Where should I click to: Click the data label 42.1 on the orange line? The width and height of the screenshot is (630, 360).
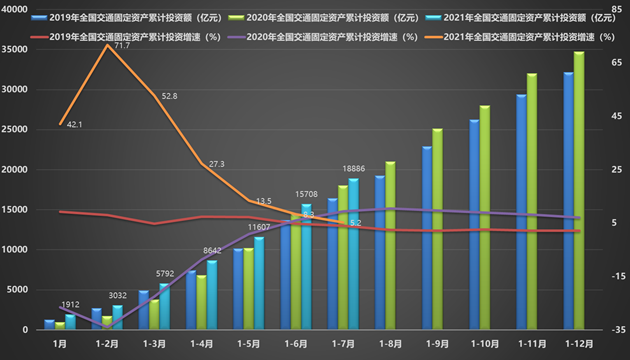(74, 125)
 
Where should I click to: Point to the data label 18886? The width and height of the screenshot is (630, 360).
(354, 170)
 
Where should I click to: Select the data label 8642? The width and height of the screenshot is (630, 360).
(212, 251)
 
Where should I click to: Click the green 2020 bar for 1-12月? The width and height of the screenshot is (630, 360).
(579, 190)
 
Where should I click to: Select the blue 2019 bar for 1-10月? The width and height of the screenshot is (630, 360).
(473, 224)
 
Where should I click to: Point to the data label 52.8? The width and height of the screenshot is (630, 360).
(169, 96)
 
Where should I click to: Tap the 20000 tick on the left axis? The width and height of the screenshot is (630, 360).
(16, 170)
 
